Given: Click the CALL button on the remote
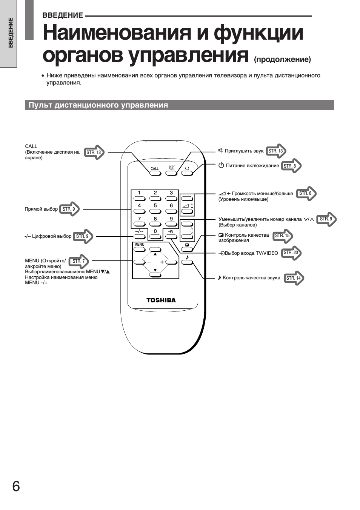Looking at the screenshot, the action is [x=155, y=173].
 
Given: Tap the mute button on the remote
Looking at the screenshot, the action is [x=171, y=173].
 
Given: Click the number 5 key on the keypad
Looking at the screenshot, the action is [x=155, y=211].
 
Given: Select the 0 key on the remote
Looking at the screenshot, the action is [x=155, y=237].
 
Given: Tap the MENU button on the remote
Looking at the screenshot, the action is [x=139, y=249].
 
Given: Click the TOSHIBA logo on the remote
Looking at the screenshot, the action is [x=161, y=300].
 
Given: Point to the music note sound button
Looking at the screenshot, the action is [x=187, y=262].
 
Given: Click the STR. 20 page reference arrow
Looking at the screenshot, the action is [x=291, y=253].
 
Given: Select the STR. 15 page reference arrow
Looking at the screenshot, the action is [x=283, y=236].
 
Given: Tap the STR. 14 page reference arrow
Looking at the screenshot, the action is [x=294, y=278].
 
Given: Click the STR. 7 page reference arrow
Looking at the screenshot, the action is [x=78, y=261].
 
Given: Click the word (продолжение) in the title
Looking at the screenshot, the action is [x=282, y=59].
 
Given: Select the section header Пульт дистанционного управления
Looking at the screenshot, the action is [x=98, y=105].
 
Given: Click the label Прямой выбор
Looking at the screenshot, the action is [x=41, y=209].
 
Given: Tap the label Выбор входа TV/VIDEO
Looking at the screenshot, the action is [x=248, y=253].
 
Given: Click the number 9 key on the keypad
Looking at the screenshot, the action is [x=171, y=224].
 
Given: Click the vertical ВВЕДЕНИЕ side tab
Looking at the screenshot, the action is [x=11, y=33].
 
